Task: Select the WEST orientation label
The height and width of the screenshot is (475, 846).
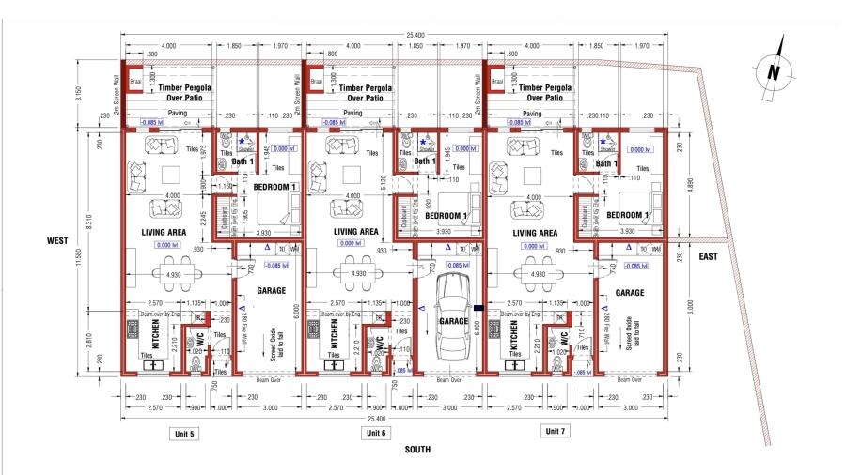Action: click(x=58, y=241)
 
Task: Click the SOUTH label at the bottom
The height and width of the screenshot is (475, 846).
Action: click(x=417, y=450)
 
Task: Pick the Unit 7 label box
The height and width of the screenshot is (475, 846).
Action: click(x=556, y=430)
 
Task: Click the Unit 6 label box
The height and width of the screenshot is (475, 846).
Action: click(x=376, y=433)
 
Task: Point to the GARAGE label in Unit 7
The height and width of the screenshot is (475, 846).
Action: click(x=629, y=293)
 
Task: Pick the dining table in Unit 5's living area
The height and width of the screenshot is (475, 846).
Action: click(x=172, y=274)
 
